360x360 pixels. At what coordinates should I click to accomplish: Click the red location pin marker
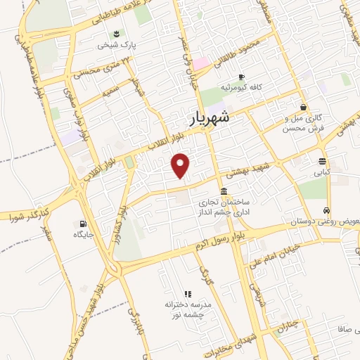tap(181, 165)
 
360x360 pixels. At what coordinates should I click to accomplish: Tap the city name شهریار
tap(210, 118)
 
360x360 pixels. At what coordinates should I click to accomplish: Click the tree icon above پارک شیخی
tap(116, 33)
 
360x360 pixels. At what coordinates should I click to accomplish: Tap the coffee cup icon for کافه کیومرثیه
tap(241, 77)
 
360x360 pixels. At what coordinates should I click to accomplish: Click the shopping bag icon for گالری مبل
tap(303, 107)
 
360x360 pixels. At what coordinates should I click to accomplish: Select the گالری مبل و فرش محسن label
tap(307, 123)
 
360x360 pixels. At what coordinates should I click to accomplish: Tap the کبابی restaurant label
tap(321, 172)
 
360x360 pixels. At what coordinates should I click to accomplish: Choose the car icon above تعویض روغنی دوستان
tap(326, 210)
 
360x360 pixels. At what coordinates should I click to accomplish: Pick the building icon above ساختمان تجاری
tap(224, 191)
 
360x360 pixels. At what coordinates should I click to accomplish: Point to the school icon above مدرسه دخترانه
tap(187, 293)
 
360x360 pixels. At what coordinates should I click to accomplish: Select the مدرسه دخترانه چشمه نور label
tap(188, 310)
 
